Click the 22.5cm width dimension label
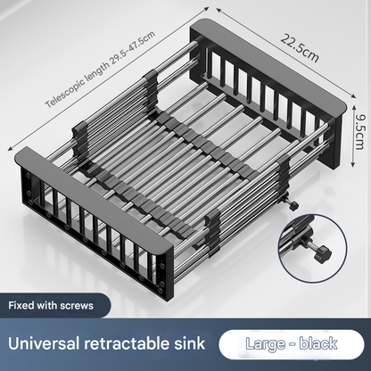click(300, 47)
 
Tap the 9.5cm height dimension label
click(359, 131)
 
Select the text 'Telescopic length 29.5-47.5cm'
click(100, 69)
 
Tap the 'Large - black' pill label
click(292, 344)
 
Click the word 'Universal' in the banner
click(44, 343)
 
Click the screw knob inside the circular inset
click(324, 253)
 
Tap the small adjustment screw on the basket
click(293, 205)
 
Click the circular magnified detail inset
click(312, 248)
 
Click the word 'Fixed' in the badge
click(21, 306)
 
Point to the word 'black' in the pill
click(317, 343)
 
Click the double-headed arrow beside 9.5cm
click(353, 136)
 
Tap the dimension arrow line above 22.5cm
click(286, 53)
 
